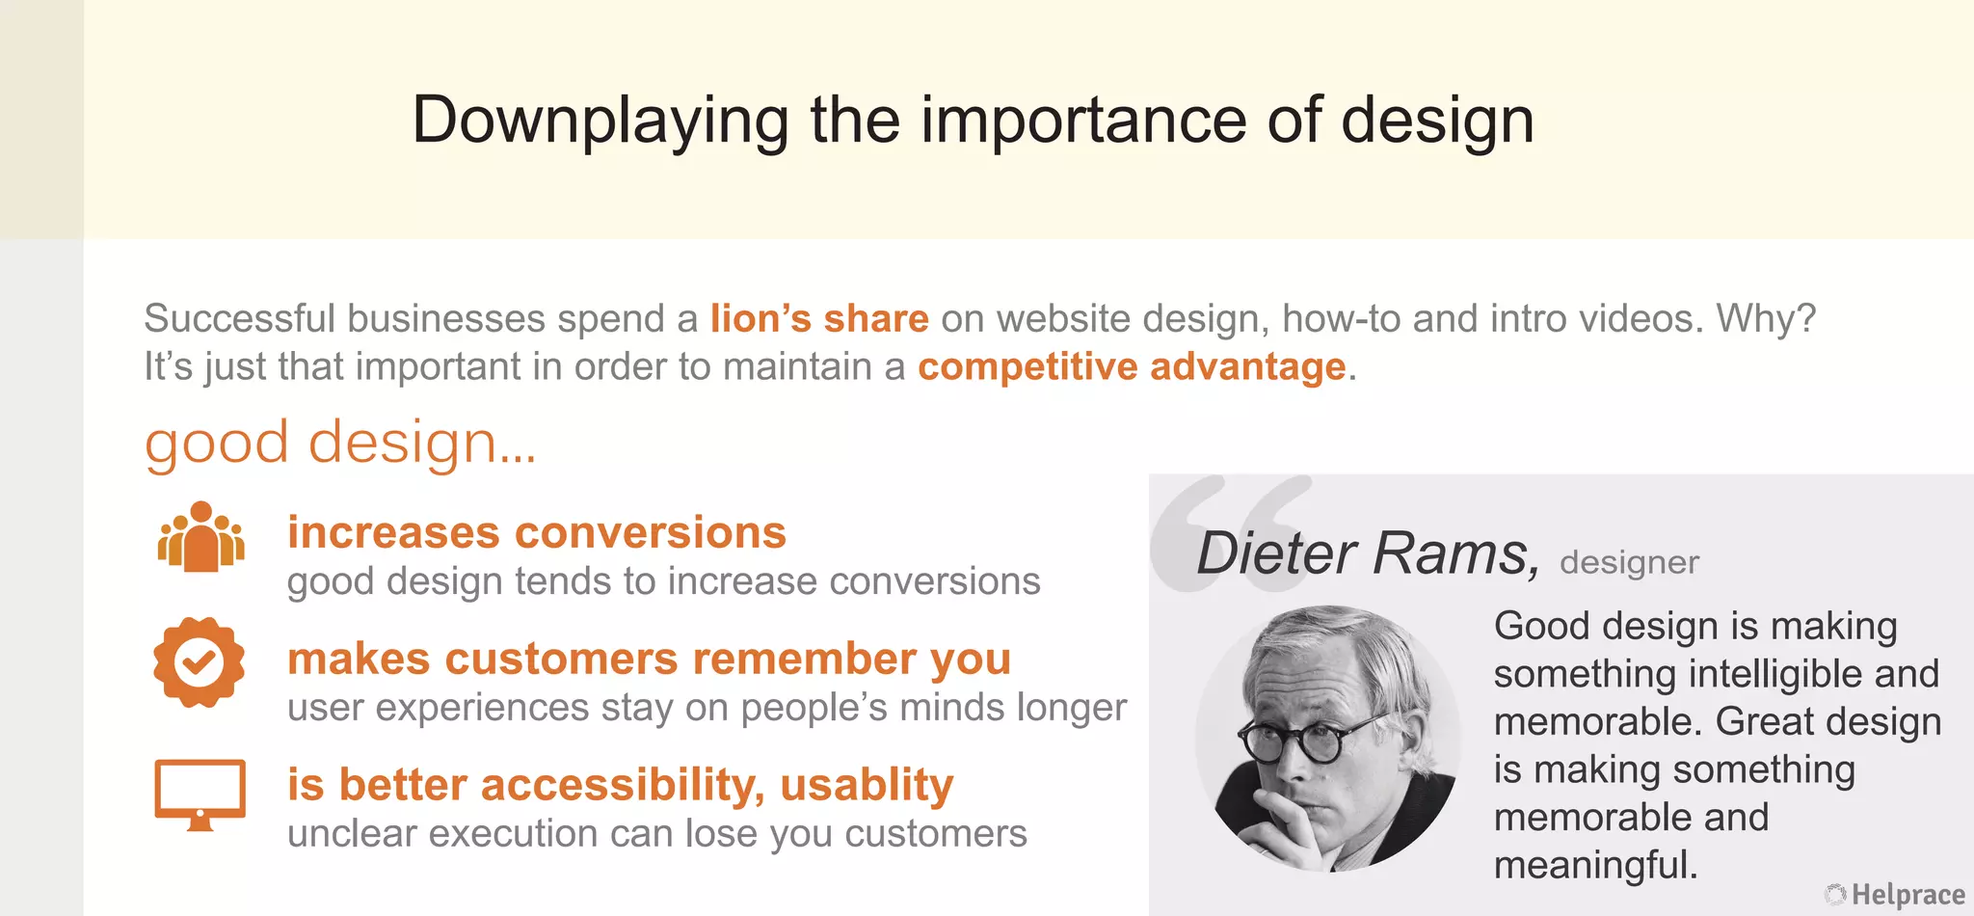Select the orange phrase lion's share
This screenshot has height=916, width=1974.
pos(819,319)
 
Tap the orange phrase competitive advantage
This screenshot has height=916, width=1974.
pos(1132,367)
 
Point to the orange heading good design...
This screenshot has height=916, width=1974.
pos(339,444)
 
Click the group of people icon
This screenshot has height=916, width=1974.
pos(200,537)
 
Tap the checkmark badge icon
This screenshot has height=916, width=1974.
pos(200,662)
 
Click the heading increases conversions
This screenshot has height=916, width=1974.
pos(537,533)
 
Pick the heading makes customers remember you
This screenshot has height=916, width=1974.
pos(649,660)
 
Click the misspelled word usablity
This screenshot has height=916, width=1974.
pos(867,786)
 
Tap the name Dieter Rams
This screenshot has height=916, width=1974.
pos(1367,553)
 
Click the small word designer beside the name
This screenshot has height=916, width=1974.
pos(1629,563)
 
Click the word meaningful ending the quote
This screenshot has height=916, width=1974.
pos(1594,865)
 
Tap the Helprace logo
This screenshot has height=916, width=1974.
pos(1895,895)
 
